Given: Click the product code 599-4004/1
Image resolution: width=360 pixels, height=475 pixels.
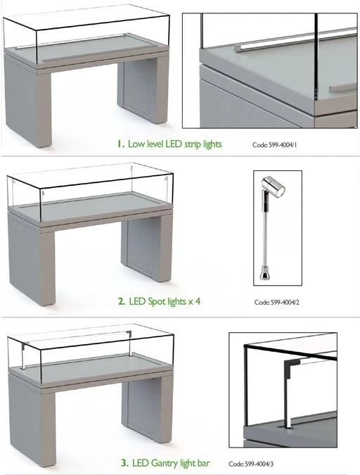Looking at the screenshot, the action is point(283,145).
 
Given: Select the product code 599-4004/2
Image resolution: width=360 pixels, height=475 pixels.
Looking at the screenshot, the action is point(285,302).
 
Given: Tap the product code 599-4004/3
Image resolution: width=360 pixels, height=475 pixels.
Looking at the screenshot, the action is point(259,464).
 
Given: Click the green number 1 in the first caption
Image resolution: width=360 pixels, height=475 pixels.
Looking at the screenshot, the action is point(120,144).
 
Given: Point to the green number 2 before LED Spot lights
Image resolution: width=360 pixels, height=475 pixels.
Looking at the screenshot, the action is point(122,301).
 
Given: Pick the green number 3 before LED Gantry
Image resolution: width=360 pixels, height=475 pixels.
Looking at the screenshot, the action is point(124,463).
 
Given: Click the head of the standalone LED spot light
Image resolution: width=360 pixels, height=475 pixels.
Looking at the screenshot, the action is point(273,186).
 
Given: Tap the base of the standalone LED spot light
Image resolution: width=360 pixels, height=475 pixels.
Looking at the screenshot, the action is point(265,272).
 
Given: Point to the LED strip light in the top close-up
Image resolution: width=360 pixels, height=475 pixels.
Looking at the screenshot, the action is point(296,39).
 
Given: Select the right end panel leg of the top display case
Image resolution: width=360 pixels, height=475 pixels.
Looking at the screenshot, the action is point(143,89).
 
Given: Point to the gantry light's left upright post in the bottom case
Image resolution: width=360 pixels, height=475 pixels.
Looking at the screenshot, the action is point(24,356).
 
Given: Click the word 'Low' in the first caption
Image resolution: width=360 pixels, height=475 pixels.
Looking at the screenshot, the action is point(136,144).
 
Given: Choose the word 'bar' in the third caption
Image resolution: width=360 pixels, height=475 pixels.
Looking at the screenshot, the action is point(202,463).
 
